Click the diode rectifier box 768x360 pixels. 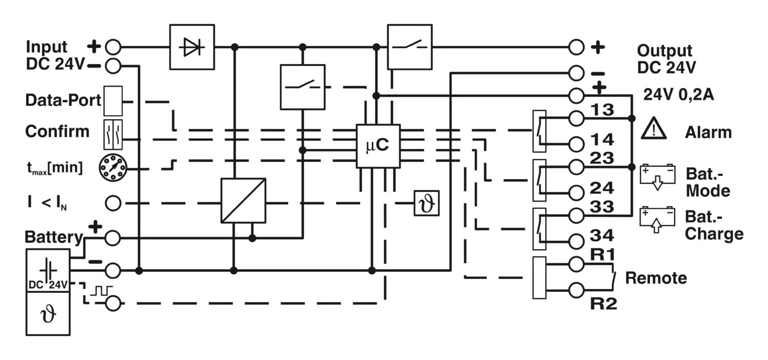pyautogui.click(x=191, y=47)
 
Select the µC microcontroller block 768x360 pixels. pyautogui.click(x=378, y=146)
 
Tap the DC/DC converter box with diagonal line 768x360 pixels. pyautogui.click(x=243, y=200)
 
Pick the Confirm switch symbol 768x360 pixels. pyautogui.click(x=113, y=134)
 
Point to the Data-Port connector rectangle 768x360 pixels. pyautogui.click(x=113, y=101)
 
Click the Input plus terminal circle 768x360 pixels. pyautogui.click(x=113, y=48)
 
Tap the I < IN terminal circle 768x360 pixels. pyautogui.click(x=113, y=203)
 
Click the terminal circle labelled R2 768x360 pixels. pyautogui.click(x=576, y=290)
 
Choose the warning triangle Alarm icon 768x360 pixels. pyautogui.click(x=654, y=129)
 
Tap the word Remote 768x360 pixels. pyautogui.click(x=656, y=278)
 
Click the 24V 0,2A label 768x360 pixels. pyautogui.click(x=678, y=95)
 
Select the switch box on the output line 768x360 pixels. pyautogui.click(x=410, y=47)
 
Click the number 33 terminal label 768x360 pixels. pyautogui.click(x=602, y=206)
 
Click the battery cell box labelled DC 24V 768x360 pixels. pyautogui.click(x=48, y=270)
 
